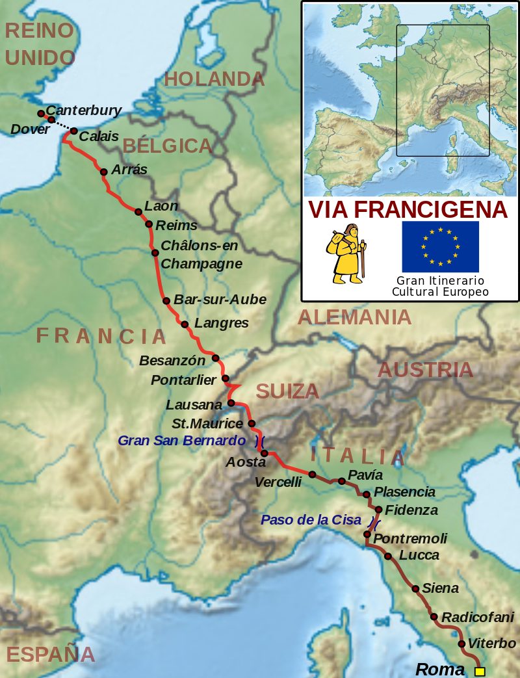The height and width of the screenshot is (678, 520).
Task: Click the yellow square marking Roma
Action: click(480, 671)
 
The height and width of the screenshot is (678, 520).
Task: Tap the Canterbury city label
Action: click(84, 111)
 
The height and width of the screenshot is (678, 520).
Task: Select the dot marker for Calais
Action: click(73, 131)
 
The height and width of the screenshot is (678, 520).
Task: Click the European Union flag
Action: click(440, 246)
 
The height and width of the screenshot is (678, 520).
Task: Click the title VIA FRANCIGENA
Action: click(408, 210)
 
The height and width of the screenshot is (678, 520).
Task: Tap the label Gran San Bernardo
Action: click(181, 441)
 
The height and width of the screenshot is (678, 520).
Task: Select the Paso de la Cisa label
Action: click(311, 520)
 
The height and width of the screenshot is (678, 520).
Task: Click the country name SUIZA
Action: click(287, 391)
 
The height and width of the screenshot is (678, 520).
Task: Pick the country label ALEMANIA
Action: click(354, 317)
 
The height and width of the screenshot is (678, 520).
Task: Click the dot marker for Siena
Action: click(415, 588)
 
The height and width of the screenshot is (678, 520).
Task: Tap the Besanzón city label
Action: click(172, 359)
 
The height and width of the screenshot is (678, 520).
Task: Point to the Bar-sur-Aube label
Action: click(220, 300)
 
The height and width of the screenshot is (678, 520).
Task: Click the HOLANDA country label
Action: click(214, 79)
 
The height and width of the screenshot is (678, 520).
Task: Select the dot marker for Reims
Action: click(149, 224)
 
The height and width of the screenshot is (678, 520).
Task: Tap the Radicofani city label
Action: click(478, 617)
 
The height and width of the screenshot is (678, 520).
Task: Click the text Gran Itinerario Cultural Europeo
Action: click(440, 287)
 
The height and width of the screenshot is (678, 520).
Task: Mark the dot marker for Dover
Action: click(51, 120)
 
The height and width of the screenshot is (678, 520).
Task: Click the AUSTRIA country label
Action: click(425, 370)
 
